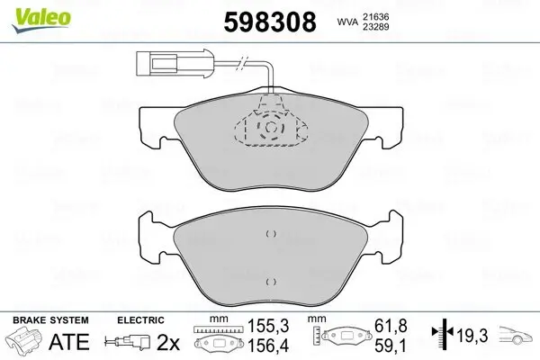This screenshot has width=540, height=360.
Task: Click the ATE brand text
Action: [62, 343]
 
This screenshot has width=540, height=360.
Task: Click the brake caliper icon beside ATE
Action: [22, 343]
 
